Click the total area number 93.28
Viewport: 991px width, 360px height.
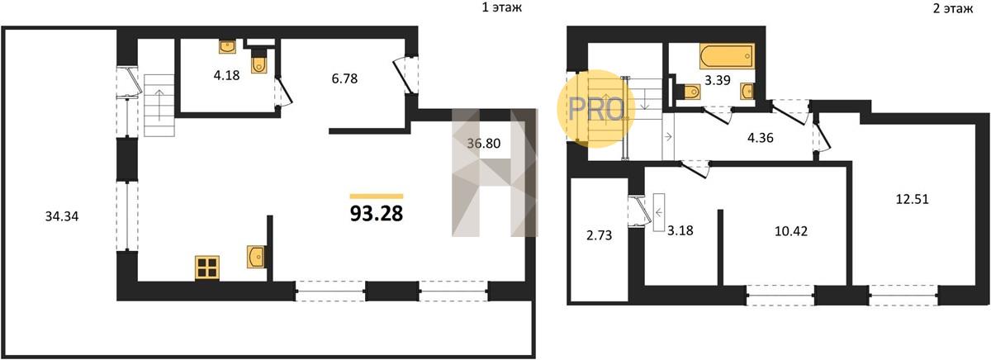coord(377,214)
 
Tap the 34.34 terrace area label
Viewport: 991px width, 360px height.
coord(62,216)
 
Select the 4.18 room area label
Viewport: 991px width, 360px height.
coord(226,75)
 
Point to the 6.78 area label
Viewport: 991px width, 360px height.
coord(344,78)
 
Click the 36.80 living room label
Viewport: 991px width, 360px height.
coord(484,144)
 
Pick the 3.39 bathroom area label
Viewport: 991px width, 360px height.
coord(718,80)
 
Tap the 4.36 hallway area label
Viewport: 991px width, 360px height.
coord(761,138)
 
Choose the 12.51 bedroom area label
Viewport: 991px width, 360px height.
coord(913,199)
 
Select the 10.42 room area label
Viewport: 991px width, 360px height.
coord(791,231)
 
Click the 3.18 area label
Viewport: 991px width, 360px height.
coord(680,230)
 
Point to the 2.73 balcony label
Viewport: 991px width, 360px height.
coord(599,235)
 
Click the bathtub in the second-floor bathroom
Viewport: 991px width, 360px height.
coord(727,56)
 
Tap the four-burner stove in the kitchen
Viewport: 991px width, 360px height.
coord(207,268)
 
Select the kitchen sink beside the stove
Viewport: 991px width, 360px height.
coord(256,257)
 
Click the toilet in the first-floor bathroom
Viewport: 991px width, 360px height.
coord(258,61)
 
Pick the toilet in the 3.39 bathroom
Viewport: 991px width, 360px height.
coord(689,92)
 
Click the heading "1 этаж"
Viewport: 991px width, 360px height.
coord(502,7)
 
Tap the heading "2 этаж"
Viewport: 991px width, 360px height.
coord(953,8)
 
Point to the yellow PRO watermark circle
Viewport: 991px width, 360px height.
coord(596,109)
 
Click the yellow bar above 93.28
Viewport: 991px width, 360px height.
coord(377,197)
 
